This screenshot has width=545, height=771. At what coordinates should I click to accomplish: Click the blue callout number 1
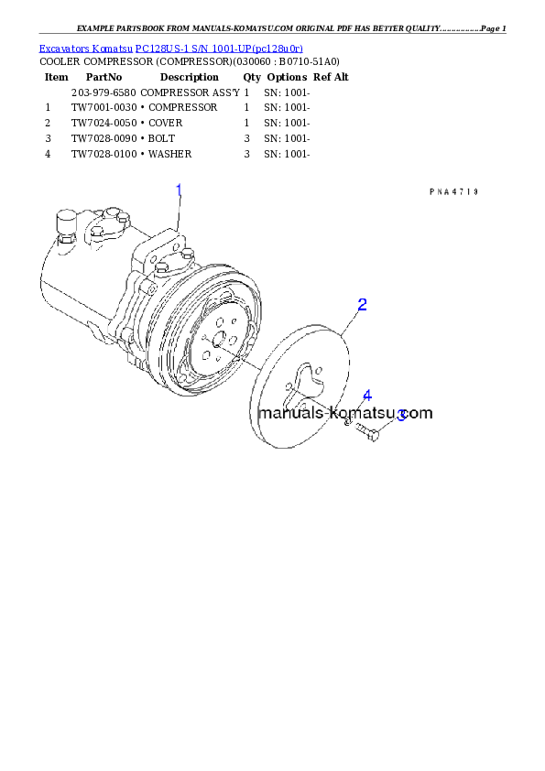point(179,190)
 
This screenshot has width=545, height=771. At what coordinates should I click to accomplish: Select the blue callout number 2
point(362,304)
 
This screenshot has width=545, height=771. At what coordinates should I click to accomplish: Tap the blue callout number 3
point(401,415)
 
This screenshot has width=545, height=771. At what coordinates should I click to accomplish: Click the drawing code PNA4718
point(453,192)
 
